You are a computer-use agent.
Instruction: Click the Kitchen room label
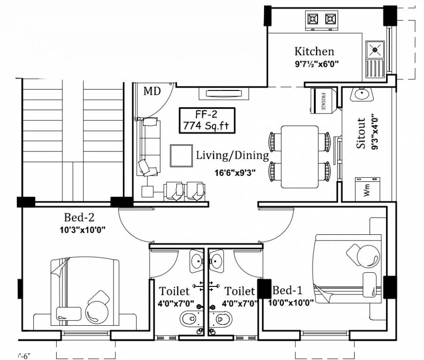pos(314,51)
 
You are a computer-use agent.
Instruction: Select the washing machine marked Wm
pos(366,189)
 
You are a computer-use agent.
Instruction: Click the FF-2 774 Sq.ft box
pos(207,120)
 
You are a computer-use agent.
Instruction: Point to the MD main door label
pos(152,91)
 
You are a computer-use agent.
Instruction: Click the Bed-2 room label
pos(80,217)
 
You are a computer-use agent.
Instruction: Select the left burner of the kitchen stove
pos(313,19)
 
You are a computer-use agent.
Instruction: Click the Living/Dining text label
pos(232,155)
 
